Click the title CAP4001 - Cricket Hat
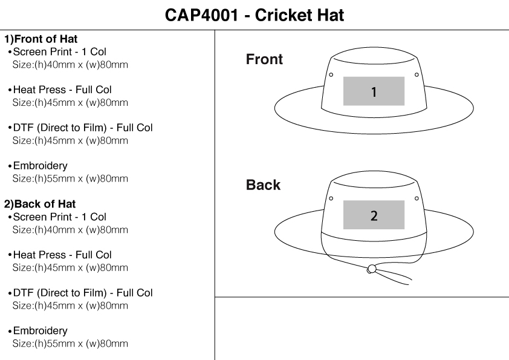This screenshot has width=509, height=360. coord(254,15)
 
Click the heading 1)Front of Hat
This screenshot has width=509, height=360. coord(41,39)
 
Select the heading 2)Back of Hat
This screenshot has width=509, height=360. coord(40,204)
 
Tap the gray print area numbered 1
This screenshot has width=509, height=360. coord(374,91)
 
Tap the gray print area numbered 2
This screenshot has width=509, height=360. coord(374,215)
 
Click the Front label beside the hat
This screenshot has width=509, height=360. coord(264,59)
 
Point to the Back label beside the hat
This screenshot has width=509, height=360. coord(263,185)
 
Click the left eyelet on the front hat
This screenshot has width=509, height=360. coord(331,75)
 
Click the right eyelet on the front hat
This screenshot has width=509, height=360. coord(417,75)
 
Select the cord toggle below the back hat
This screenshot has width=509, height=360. coord(372,269)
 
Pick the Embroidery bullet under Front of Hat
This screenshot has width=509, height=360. coord(40,166)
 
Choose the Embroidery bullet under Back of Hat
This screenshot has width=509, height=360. coord(40,331)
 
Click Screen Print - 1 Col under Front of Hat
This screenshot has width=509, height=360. coord(59,52)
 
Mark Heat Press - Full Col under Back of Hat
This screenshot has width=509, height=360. coord(62,255)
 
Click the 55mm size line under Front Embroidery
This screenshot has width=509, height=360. coord(70,178)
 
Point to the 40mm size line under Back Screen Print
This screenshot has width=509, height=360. coord(70,230)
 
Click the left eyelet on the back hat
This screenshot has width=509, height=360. coord(331,198)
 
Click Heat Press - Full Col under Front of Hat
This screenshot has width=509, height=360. coord(62,90)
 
